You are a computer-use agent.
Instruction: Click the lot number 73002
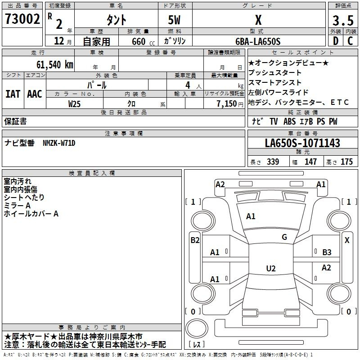coord(22,19)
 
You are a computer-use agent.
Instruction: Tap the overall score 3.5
coord(343,20)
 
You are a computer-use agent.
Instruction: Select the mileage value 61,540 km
coord(55,65)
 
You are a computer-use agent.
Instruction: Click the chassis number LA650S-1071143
coord(302,143)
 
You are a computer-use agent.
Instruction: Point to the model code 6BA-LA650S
coord(258,41)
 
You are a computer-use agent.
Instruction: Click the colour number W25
coord(74,104)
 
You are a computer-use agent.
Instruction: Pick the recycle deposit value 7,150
coord(227,104)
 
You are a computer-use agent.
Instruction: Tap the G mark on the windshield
coord(284,237)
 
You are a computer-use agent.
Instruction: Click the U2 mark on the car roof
coord(271,268)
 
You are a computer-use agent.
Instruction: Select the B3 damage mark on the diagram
coord(327,252)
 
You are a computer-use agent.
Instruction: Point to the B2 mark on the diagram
coord(195,240)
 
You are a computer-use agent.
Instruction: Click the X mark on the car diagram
coord(347,240)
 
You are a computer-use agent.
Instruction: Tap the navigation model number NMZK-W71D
coord(59,143)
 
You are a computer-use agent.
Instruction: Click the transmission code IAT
coord(13,94)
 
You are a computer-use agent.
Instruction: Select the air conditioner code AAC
coord(35,94)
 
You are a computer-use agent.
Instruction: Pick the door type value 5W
coord(174,20)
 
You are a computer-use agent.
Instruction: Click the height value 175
coord(346,162)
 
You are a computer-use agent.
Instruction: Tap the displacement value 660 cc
coord(143,41)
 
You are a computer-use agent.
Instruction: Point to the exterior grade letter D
coord(336,41)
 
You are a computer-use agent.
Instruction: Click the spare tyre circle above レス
coord(197,328)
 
